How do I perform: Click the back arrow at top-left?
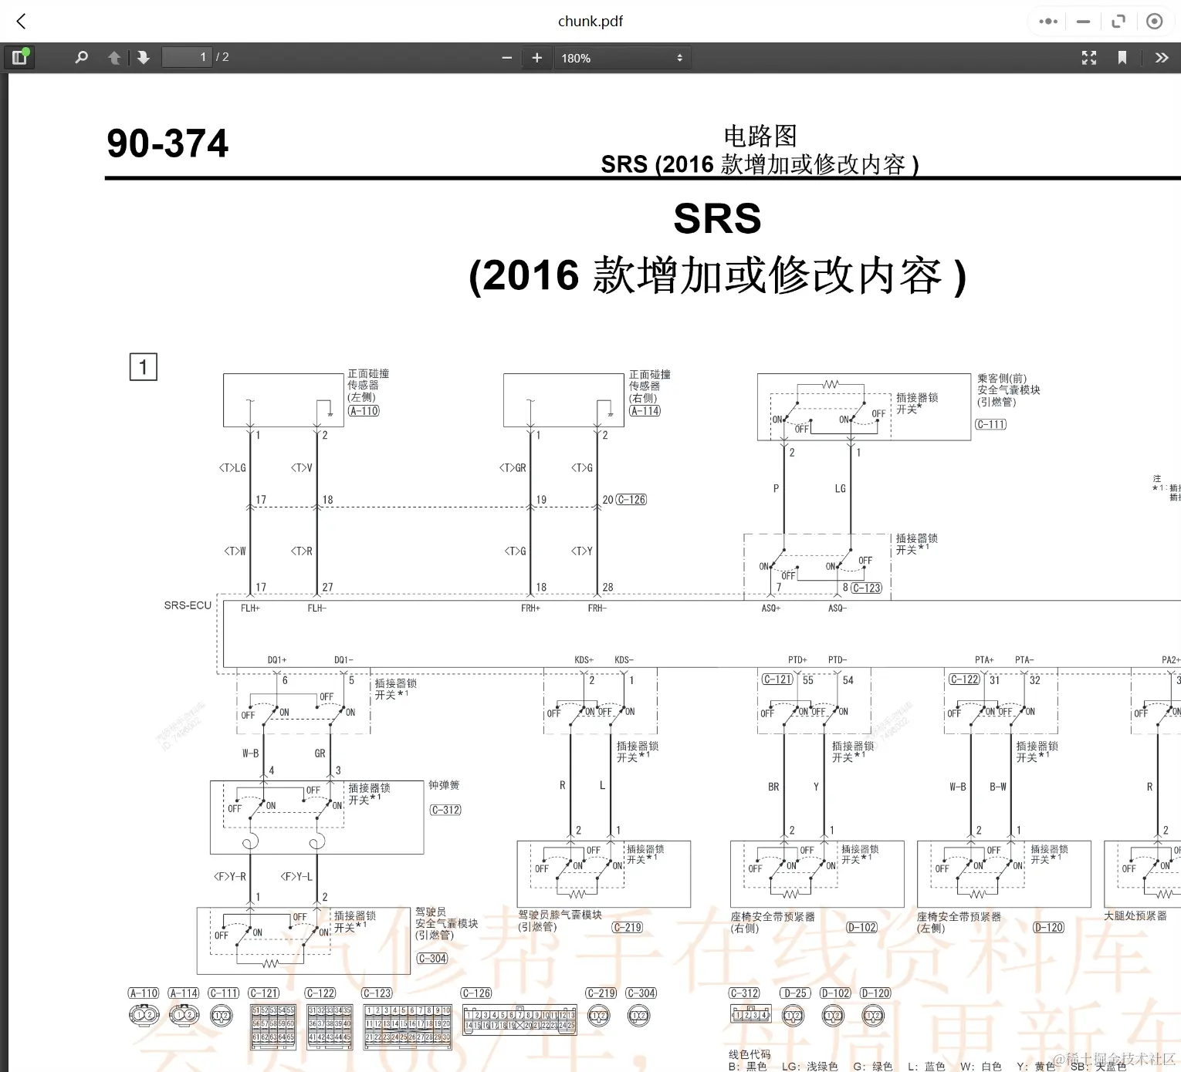22,22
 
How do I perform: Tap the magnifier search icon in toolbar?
81,58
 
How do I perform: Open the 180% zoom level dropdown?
621,58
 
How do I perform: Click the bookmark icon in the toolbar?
1122,58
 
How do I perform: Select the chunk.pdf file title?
590,22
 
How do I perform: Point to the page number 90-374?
168,143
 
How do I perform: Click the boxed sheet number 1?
143,367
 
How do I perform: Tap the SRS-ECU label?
188,605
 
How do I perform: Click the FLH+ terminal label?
250,608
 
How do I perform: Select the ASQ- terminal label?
838,608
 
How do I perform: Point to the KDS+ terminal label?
584,660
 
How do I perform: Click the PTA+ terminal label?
984,660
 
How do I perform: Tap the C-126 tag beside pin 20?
631,500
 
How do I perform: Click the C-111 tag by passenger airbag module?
990,424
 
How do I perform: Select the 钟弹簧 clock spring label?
444,785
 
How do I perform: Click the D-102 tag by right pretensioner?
861,928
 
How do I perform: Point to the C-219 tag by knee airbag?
627,928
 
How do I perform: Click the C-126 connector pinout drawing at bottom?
519,1020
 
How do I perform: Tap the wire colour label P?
776,489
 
